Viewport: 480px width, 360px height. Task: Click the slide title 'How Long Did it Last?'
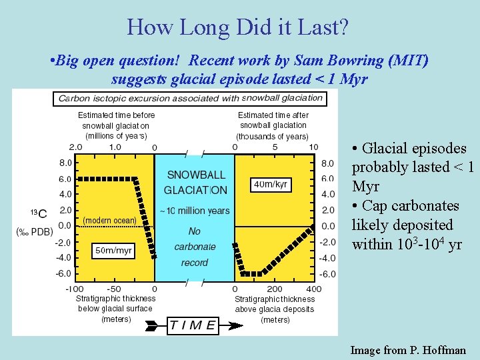click(x=237, y=27)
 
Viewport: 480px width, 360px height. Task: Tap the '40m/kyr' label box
click(x=271, y=183)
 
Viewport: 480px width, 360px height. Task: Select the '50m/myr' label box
click(x=113, y=250)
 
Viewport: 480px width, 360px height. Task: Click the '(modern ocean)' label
click(x=109, y=220)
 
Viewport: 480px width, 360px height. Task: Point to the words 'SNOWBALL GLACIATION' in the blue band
click(x=195, y=183)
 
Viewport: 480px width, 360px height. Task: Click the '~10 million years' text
click(x=195, y=211)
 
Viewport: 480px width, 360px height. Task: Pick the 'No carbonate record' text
click(x=195, y=247)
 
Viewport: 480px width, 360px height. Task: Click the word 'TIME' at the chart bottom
click(x=192, y=325)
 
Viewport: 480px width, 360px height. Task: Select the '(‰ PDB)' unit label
click(x=35, y=231)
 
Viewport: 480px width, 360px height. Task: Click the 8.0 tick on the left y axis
click(x=65, y=163)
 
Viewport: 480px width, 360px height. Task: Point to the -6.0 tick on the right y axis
click(x=327, y=274)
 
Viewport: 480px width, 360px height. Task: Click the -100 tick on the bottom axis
click(x=74, y=289)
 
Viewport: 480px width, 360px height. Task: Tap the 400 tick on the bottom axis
click(x=313, y=289)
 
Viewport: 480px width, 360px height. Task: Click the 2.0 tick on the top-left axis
click(x=75, y=147)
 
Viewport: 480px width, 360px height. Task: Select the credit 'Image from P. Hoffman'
click(x=408, y=349)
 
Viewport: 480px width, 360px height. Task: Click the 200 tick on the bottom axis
click(x=274, y=289)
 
